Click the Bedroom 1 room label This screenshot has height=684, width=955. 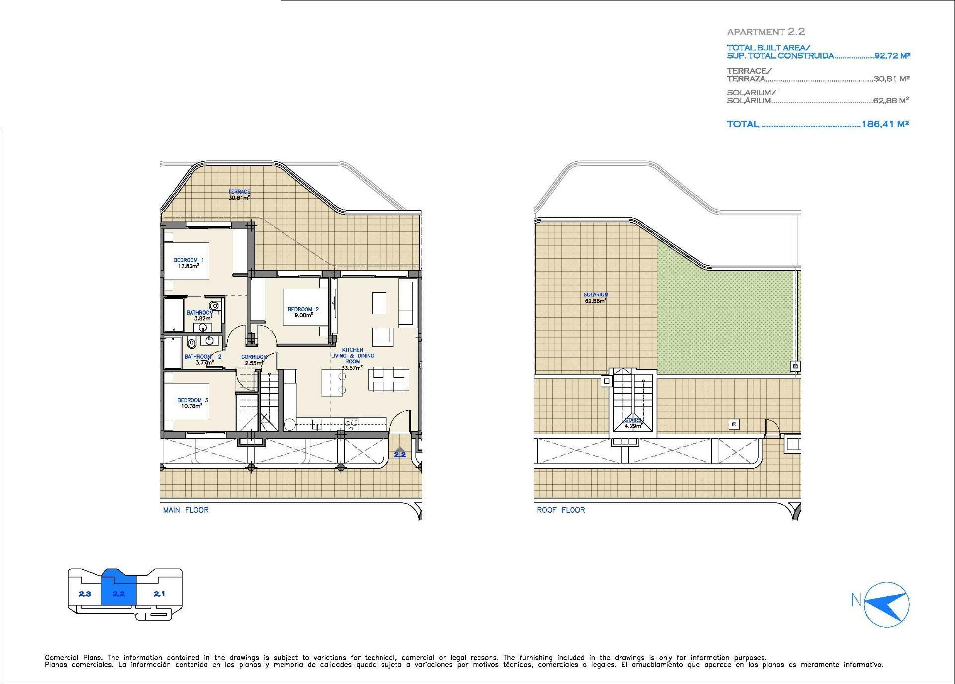pos(189,263)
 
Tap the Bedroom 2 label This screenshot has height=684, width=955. pos(303,312)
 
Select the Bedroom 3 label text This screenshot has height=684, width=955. pos(192,403)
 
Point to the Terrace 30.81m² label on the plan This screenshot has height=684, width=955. pos(239,195)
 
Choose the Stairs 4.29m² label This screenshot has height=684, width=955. pos(634,423)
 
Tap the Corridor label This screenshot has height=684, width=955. pos(254,360)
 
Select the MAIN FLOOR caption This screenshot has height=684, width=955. pos(186,510)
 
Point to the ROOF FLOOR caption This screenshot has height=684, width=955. pos(561,510)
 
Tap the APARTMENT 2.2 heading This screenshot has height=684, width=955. pos(766,32)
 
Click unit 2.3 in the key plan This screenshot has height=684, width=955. pos(85,594)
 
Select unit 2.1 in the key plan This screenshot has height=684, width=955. pos(159,594)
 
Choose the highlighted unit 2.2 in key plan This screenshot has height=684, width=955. pos(118,594)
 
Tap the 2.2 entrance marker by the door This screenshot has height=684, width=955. pos(400,453)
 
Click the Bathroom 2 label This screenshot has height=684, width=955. pos(202,359)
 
